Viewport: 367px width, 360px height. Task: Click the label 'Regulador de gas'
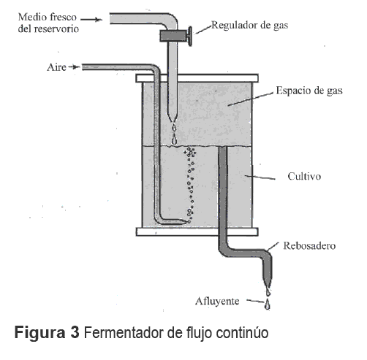click(249, 26)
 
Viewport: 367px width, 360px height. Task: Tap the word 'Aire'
click(56, 67)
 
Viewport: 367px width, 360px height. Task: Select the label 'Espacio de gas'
click(309, 91)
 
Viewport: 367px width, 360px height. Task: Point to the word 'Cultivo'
click(304, 176)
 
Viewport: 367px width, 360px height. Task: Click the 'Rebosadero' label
click(309, 245)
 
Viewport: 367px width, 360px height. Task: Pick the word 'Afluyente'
click(217, 302)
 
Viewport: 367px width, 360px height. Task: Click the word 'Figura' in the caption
click(39, 333)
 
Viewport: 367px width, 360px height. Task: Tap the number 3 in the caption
click(75, 332)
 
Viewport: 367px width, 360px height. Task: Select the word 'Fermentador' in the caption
click(124, 332)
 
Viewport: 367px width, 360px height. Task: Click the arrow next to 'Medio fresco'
click(91, 20)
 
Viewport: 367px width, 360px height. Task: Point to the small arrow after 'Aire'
click(74, 66)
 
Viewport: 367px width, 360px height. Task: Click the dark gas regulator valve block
click(173, 36)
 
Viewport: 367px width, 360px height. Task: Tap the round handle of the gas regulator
click(189, 37)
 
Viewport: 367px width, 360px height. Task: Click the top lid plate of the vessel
click(197, 78)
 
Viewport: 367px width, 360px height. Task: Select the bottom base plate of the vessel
click(197, 231)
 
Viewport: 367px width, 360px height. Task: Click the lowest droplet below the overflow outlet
click(268, 305)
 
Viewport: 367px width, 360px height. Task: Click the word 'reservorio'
click(56, 29)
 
